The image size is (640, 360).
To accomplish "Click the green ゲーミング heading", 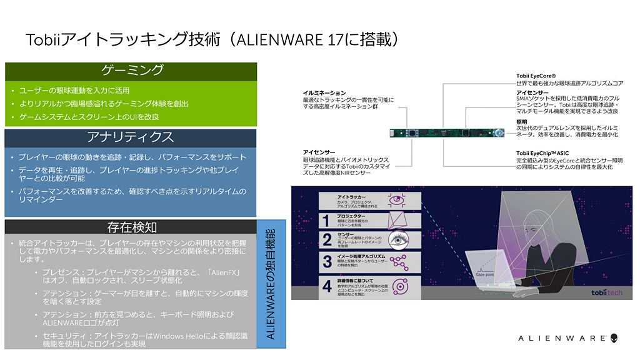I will tap(131, 71).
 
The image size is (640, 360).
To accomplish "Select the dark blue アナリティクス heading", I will tap(131, 136).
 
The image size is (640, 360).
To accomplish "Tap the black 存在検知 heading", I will tap(131, 227).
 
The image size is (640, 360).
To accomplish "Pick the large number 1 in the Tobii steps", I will tap(326, 220).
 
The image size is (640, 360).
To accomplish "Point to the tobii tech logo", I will tap(606, 292).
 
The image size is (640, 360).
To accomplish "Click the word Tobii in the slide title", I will tap(42, 39).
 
